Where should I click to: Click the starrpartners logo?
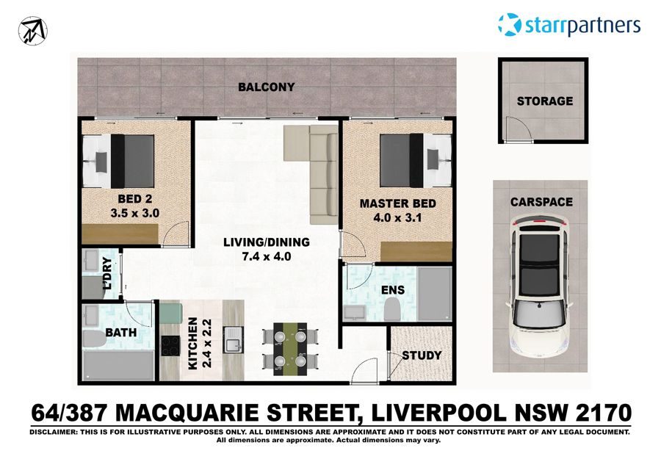click(569, 25)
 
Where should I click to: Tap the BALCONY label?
click(267, 87)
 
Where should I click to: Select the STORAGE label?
click(544, 101)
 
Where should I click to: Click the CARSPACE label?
click(542, 201)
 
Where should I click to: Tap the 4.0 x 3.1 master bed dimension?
click(397, 217)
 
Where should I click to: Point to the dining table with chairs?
click(292, 348)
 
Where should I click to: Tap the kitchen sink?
click(234, 341)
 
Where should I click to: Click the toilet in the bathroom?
click(95, 339)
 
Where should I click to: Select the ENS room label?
click(393, 289)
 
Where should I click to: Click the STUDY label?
click(422, 355)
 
